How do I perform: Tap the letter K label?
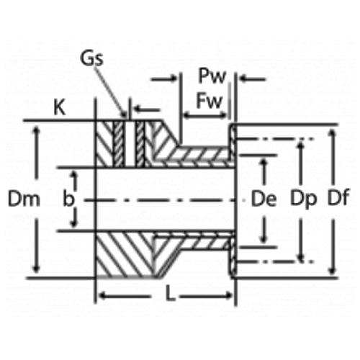(x=60, y=108)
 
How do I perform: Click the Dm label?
(x=19, y=198)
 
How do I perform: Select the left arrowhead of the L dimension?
(x=102, y=295)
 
